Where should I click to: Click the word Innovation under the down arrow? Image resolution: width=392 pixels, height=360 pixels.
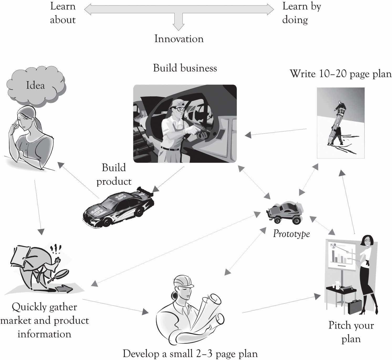[179, 39]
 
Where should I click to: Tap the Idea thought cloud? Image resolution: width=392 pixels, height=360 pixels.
[35, 85]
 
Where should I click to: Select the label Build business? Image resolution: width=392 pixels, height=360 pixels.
[185, 68]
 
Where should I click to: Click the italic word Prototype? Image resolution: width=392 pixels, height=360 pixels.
[291, 234]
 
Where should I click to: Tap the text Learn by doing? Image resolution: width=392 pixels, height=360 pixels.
[301, 13]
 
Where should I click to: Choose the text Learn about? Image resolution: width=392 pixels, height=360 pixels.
[63, 13]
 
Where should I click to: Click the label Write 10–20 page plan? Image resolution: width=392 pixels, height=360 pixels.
[340, 74]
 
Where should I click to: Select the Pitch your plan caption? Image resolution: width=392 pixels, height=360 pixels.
[351, 332]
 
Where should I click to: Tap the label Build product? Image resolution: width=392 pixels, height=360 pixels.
[114, 174]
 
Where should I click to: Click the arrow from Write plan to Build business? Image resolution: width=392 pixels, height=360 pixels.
[276, 132]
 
